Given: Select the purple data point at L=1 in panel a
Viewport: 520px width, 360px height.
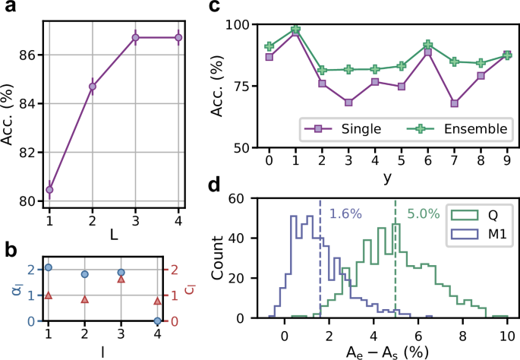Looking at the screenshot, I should click(x=49, y=189).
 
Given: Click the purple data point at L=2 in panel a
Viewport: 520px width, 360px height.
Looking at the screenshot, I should click(x=92, y=87).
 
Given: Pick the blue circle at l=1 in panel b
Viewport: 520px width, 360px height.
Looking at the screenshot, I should click(x=49, y=267).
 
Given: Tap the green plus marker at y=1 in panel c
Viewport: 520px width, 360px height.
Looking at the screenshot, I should click(x=296, y=30).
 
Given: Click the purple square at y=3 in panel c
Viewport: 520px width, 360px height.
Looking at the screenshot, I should click(x=348, y=102).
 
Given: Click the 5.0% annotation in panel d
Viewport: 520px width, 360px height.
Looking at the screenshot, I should click(x=421, y=215).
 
